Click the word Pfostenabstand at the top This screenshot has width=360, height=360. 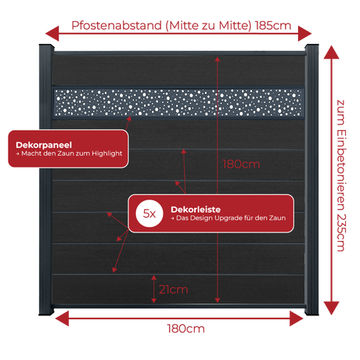tap(117, 26)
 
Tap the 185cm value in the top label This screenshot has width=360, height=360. tap(273, 26)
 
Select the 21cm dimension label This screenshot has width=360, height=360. tap(174, 290)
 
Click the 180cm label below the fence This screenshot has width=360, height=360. tap(185, 329)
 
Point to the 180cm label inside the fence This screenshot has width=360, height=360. tap(241, 164)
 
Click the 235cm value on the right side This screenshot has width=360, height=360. tap(341, 232)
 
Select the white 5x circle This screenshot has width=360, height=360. tap(149, 214)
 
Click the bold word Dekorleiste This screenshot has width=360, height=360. tap(196, 210)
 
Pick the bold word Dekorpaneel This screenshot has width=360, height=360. tap(44, 145)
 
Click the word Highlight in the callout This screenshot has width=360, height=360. tap(106, 153)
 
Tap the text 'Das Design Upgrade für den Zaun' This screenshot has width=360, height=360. tap(231, 218)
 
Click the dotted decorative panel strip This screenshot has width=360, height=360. tap(178, 103)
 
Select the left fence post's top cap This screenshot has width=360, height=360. tap(46, 47)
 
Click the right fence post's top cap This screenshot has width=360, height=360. tap(311, 47)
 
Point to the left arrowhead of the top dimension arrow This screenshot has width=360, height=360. tap(52, 34)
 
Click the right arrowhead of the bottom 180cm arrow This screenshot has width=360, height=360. tap(297, 319)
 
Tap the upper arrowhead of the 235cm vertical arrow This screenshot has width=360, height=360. tap(331, 52)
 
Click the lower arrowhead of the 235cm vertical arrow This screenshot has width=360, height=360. tap(331, 308)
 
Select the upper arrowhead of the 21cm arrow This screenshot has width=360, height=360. tap(154, 278)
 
